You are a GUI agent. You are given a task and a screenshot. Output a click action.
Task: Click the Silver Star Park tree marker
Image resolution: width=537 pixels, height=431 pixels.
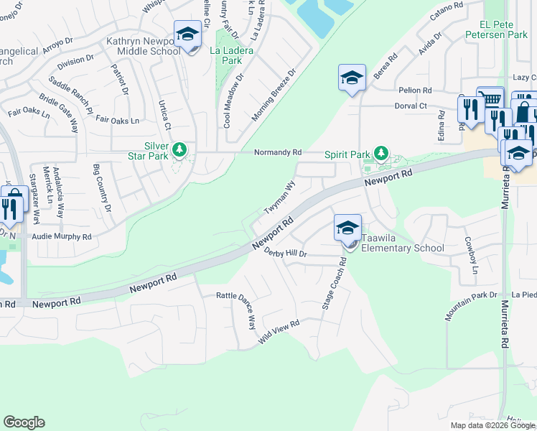(179, 149)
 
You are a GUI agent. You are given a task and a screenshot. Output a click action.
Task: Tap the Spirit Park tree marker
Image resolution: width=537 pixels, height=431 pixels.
(381, 154)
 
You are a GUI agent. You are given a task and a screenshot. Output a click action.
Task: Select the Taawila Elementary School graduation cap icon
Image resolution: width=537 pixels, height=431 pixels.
(347, 228)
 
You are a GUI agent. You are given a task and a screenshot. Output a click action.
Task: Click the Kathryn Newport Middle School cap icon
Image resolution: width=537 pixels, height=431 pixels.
(187, 34)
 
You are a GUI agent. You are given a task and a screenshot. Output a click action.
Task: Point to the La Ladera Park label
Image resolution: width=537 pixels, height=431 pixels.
(226, 56)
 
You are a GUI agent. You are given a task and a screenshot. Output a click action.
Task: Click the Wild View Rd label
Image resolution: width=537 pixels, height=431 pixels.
(278, 333)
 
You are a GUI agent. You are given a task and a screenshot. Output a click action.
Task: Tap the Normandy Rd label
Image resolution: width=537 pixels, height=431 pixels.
(279, 153)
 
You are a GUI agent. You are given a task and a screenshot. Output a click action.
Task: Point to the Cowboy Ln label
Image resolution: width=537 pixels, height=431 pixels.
(471, 255)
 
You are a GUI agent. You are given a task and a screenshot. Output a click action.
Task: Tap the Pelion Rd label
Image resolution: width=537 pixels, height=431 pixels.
(416, 91)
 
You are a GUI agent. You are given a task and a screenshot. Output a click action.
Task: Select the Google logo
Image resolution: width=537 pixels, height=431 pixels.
(24, 422)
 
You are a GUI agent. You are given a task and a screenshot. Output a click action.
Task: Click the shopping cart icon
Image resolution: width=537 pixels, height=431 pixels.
(490, 98)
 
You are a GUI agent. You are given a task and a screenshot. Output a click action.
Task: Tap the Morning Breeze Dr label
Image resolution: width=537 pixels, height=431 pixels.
(273, 95)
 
